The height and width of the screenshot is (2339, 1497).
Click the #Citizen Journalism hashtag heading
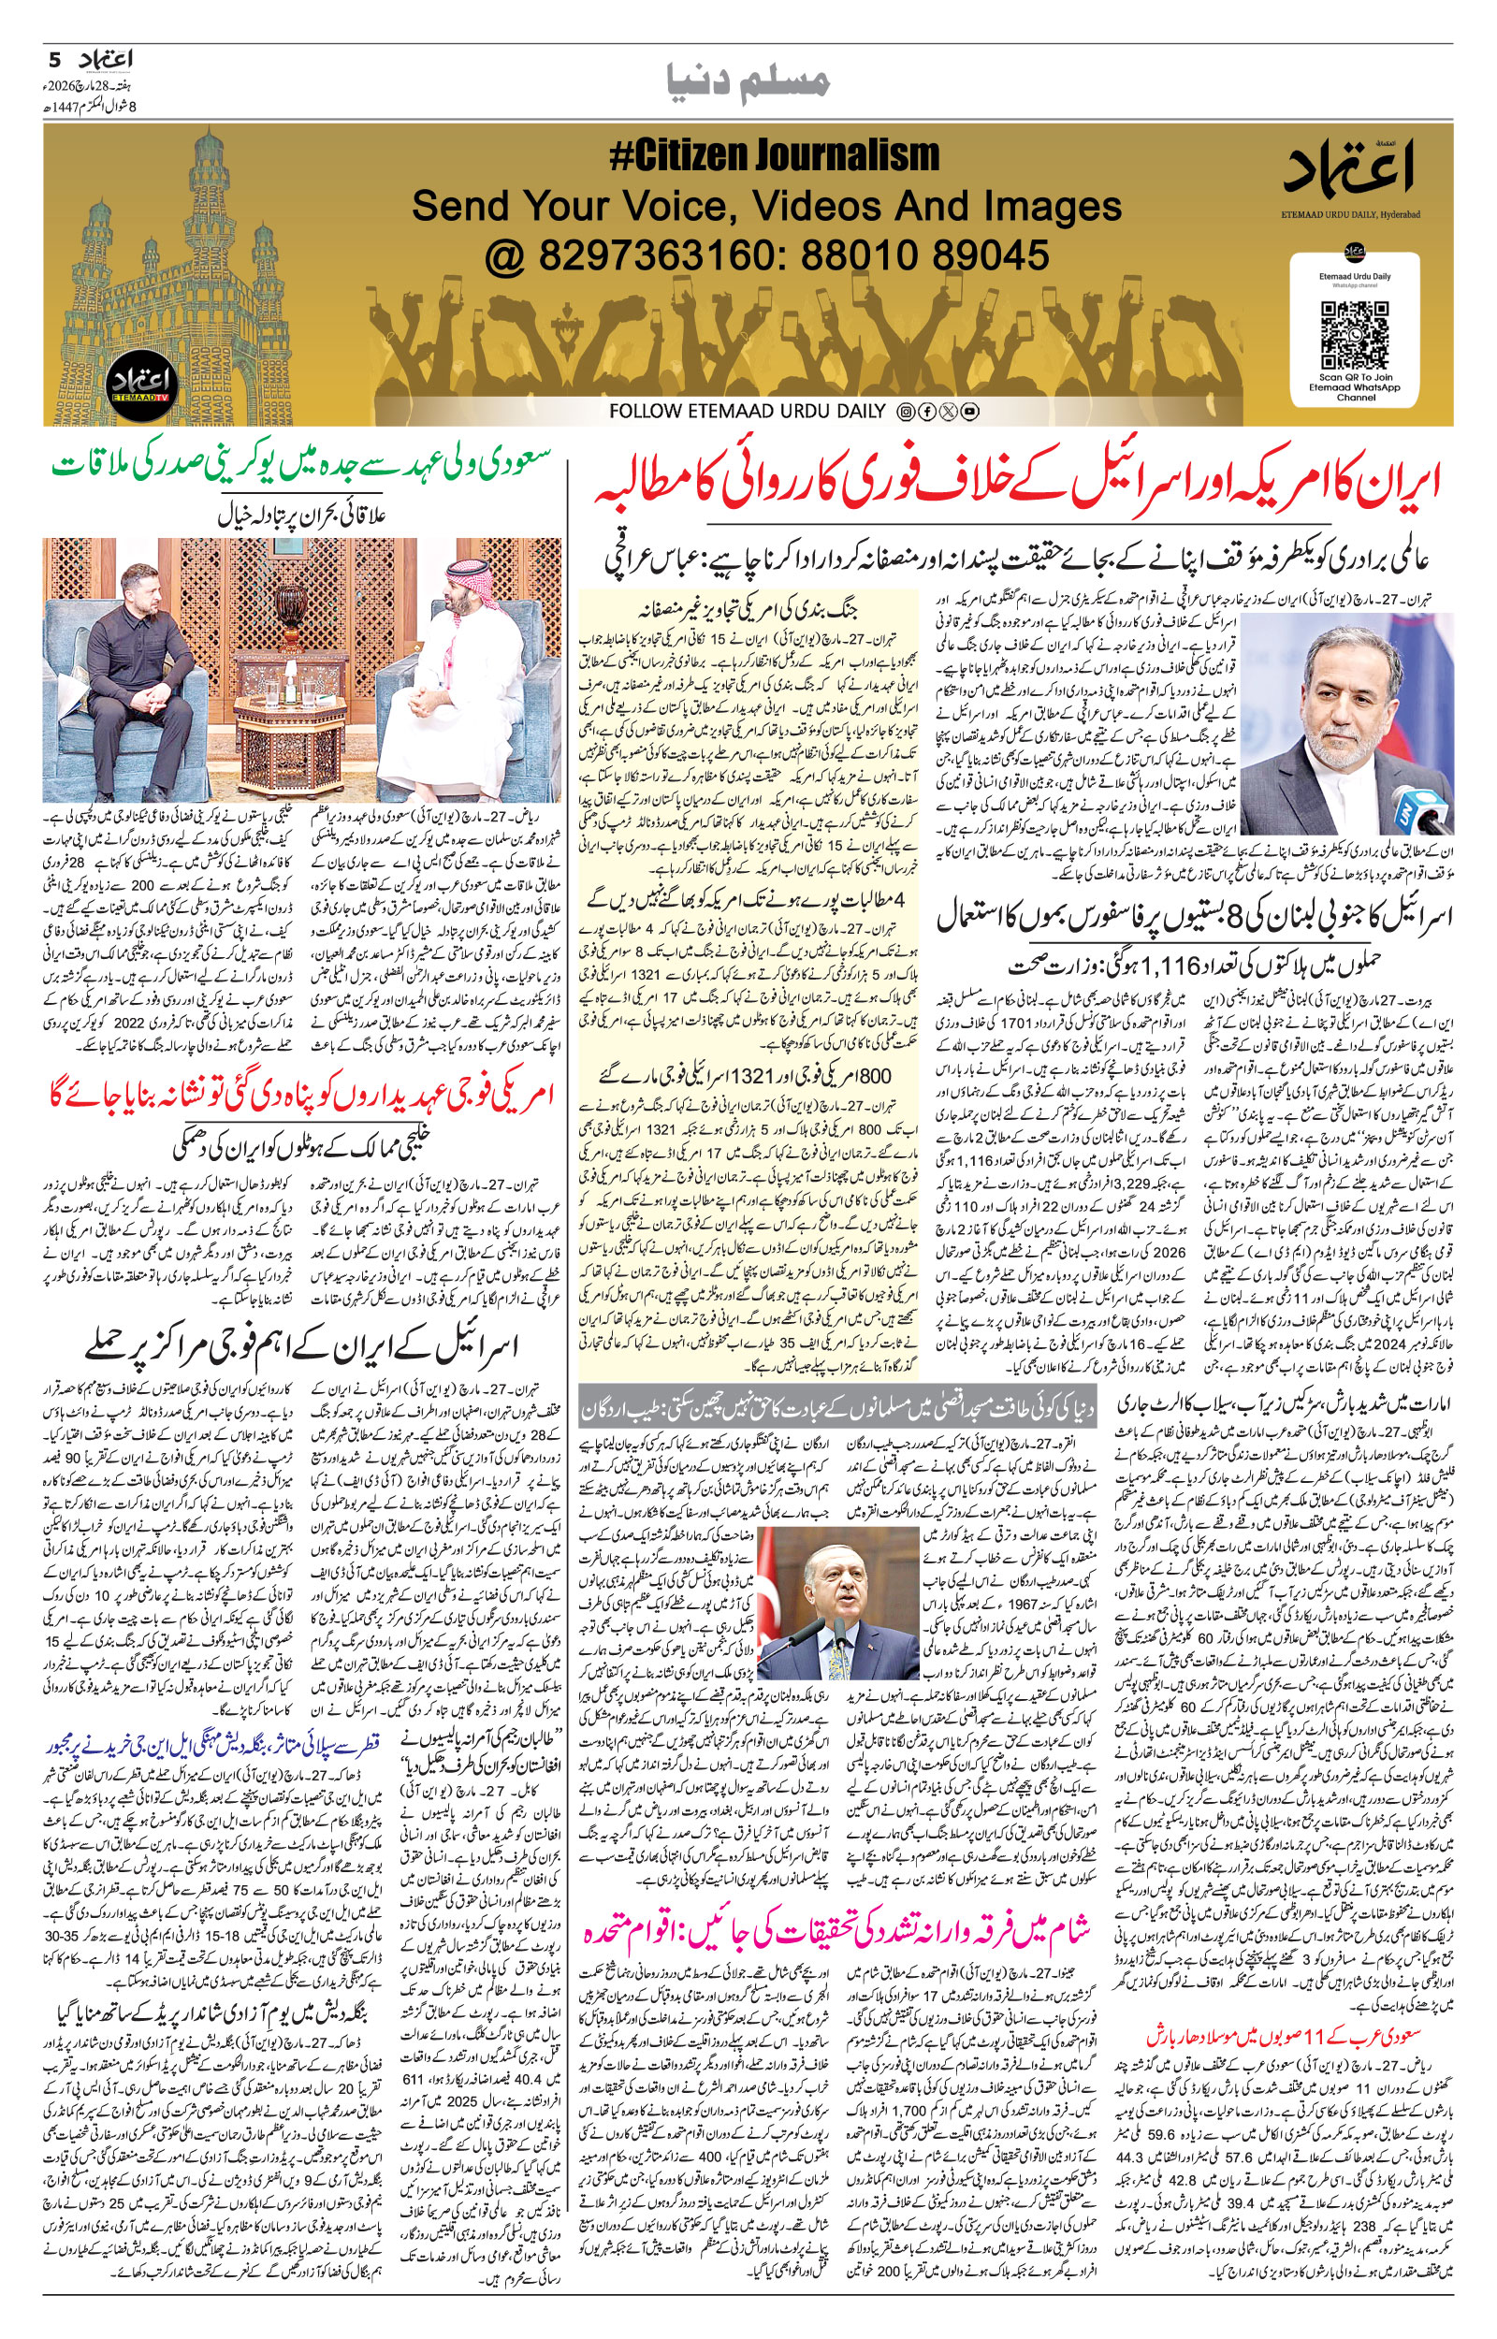pos(775,156)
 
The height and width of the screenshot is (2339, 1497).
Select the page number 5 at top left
pos(54,60)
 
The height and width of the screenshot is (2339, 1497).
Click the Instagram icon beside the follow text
pos(904,412)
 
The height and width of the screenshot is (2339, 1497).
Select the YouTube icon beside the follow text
pos(969,412)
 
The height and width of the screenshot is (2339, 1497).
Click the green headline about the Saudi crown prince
pos(301,461)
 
